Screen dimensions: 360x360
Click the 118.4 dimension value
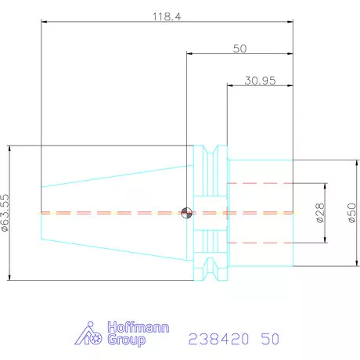coord(167,16)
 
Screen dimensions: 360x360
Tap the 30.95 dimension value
coord(260,81)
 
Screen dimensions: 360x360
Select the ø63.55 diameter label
coord(5,213)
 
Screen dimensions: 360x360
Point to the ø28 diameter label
coord(320,213)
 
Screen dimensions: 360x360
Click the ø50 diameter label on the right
coord(352,213)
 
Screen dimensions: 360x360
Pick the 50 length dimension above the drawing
coord(239,49)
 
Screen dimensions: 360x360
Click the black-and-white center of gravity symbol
coord(187,213)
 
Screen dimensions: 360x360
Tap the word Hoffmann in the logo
coord(139,327)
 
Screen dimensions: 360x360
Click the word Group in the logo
coord(126,340)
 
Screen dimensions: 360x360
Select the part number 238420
coord(218,339)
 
